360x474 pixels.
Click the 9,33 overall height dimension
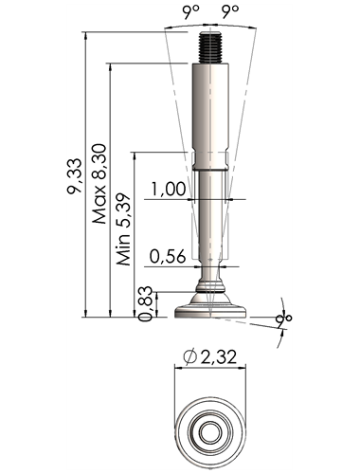coord(75,175)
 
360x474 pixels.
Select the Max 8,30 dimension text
coord(99,184)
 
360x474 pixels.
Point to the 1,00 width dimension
coord(168,190)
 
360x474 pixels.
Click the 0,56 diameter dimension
coord(168,256)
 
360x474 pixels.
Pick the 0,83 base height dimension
coord(146,304)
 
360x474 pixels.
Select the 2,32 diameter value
coord(219,357)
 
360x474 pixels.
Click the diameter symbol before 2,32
coord(190,357)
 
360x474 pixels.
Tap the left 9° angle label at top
coord(190,12)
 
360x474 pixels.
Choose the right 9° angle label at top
coord(229,12)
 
